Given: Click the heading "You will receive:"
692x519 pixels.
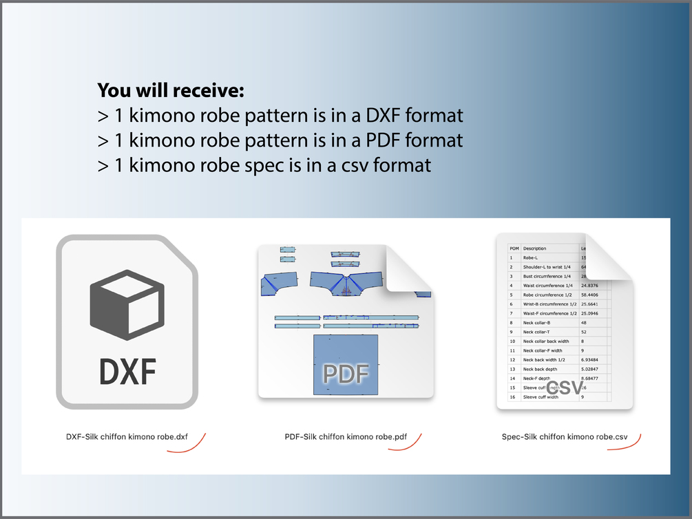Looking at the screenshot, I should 171,90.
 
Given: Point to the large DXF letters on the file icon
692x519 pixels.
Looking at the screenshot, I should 127,372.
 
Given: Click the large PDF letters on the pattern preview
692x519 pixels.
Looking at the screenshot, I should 346,374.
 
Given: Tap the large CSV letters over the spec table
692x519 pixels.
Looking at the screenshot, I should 565,387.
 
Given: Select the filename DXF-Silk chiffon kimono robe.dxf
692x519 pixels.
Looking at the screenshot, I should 127,436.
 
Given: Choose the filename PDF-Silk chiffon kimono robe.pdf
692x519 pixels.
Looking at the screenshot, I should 346,436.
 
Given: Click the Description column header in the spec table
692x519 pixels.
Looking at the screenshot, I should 535,248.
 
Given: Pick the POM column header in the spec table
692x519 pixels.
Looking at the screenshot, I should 514,248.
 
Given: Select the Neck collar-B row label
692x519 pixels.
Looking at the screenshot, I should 536,322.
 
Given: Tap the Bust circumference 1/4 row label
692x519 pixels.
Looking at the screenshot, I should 547,276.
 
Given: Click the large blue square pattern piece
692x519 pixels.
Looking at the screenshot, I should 345,364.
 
